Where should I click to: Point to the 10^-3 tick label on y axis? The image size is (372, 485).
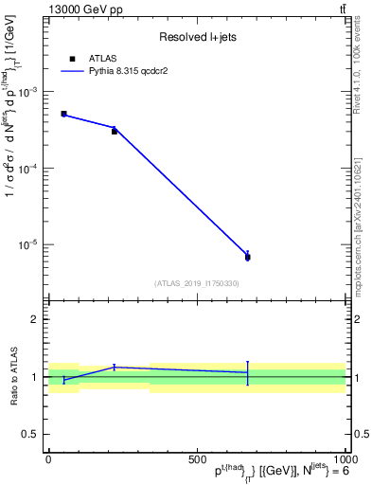coord(27,92)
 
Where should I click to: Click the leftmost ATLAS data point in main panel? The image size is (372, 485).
coord(63,114)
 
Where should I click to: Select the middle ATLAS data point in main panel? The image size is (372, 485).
coord(115,131)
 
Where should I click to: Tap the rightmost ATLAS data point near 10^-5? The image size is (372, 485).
coord(247,257)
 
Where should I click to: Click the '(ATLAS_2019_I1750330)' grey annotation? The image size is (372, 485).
coord(197,283)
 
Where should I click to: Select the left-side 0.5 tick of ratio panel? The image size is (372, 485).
coord(30,434)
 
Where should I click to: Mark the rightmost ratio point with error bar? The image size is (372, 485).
coord(247,372)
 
